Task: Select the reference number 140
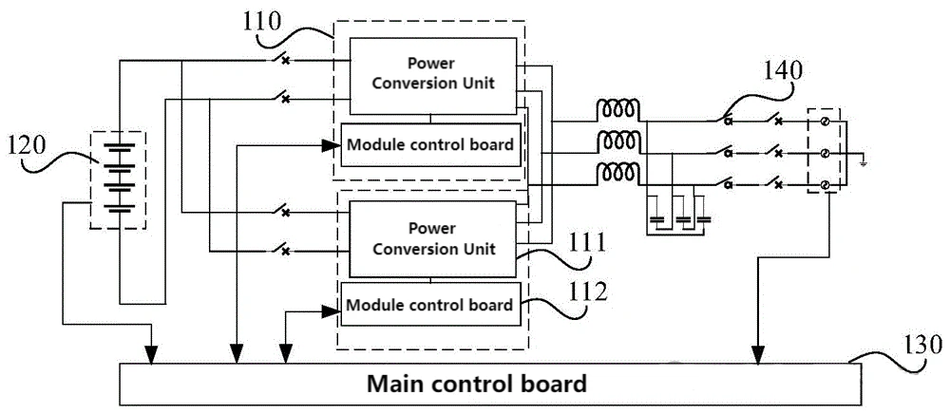pyautogui.click(x=785, y=72)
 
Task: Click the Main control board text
pyautogui.click(x=478, y=384)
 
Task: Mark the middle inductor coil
pyautogui.click(x=618, y=141)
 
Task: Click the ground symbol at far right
pyautogui.click(x=864, y=160)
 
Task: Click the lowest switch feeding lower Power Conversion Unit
pyautogui.click(x=279, y=248)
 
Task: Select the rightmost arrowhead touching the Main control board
pyautogui.click(x=758, y=355)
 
